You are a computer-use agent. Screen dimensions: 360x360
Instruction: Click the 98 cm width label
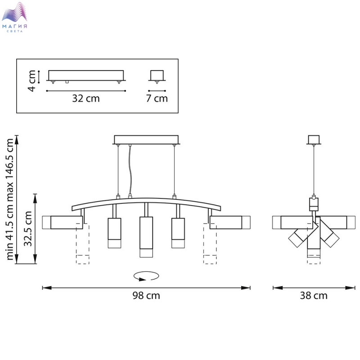[146, 296]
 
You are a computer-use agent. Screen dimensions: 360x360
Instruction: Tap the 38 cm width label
[314, 296]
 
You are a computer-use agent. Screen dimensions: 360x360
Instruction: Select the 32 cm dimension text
[86, 99]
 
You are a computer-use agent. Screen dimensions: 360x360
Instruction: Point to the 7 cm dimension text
[157, 99]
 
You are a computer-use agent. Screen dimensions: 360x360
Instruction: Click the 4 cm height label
[31, 81]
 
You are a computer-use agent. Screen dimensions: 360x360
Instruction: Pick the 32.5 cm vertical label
[28, 229]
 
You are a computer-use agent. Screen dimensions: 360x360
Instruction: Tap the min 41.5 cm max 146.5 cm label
[10, 199]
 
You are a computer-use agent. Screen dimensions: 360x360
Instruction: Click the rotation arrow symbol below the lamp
[146, 276]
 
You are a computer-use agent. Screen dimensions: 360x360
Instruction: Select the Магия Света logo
[14, 17]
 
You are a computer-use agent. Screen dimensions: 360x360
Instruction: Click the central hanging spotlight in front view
[146, 237]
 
